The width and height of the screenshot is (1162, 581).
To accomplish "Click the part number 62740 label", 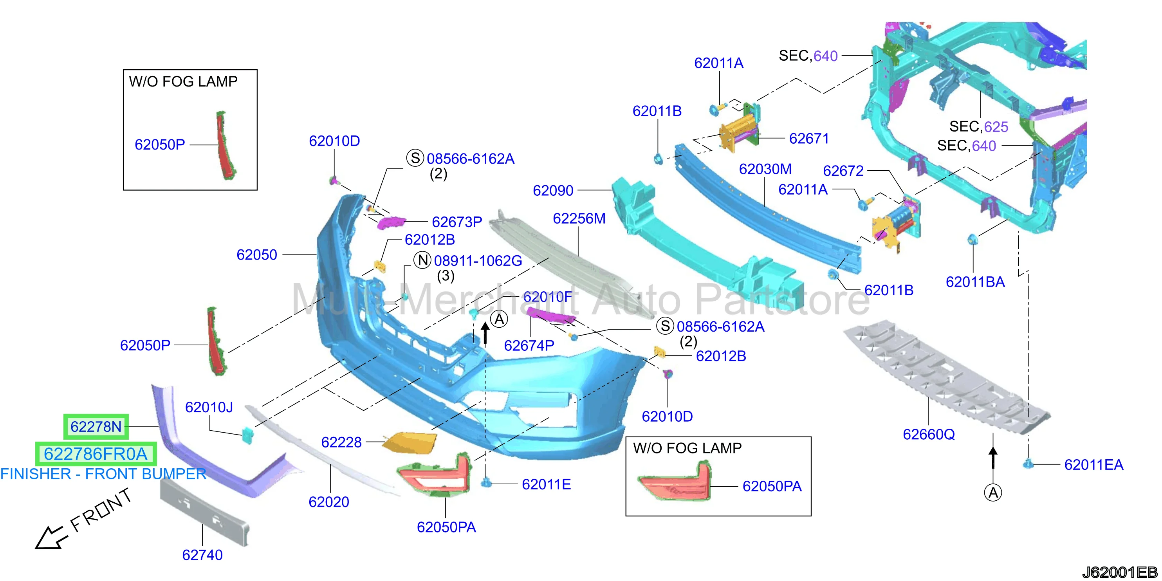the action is [202, 555].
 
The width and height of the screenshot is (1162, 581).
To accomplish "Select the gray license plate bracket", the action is [204, 512].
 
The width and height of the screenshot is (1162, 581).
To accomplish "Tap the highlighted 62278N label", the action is [96, 427].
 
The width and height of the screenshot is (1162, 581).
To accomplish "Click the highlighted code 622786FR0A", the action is [96, 454].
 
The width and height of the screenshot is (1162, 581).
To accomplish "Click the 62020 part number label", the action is [329, 502].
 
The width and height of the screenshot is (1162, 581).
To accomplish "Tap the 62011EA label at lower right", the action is [1093, 465].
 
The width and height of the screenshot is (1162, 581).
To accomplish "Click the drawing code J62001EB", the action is [1120, 572].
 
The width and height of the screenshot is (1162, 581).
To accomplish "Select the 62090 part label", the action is [553, 191].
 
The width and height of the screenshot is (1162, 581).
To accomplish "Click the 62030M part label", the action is [765, 169].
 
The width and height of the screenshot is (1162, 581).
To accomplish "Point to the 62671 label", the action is [809, 139].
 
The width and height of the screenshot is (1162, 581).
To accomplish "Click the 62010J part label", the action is [209, 407].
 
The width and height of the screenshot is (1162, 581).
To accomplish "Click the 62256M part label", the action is [579, 219].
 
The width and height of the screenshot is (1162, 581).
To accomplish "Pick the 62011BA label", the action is [975, 282].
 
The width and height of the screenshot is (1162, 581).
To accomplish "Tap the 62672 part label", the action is [843, 171].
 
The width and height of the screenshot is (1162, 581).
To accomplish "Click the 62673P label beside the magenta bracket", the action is [457, 222].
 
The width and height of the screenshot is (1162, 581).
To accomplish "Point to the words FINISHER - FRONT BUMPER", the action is [103, 474].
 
